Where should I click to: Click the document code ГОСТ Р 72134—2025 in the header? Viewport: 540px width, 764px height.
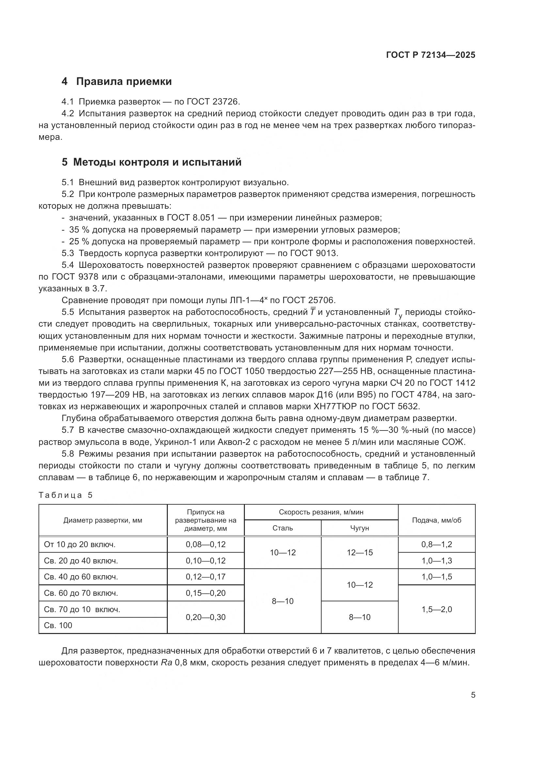[x=431, y=55]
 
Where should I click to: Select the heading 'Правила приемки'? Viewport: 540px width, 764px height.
[x=124, y=82]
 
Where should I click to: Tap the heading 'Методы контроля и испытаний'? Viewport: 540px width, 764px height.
[x=157, y=162]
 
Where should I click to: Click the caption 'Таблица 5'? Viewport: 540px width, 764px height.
[x=65, y=495]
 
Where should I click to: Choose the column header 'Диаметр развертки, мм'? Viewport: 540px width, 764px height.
[x=103, y=520]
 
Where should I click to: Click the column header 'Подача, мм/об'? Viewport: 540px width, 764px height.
[x=437, y=520]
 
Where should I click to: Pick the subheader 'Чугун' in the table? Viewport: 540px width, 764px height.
[x=359, y=528]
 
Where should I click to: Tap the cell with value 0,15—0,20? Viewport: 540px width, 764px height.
[x=205, y=593]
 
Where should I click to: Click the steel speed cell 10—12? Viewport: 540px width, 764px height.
[x=283, y=552]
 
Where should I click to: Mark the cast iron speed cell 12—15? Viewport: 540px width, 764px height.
[x=359, y=552]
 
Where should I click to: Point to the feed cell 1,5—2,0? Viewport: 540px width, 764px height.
[x=437, y=609]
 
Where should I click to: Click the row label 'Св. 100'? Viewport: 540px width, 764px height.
[x=58, y=625]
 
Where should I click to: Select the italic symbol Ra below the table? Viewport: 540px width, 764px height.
[x=166, y=662]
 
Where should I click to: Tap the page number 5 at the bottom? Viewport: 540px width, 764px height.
[x=473, y=695]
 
